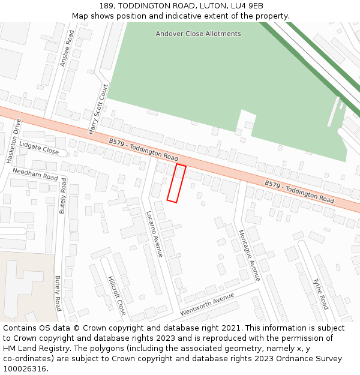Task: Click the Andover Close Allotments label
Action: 198,34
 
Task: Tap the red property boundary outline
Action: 176,183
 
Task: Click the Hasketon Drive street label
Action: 14,141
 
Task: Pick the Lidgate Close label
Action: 39,148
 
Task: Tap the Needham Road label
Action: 35,175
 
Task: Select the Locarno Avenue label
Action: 154,233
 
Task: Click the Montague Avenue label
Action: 249,255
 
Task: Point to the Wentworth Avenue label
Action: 207,305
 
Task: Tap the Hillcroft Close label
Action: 117,295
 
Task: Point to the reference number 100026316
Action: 25,369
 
